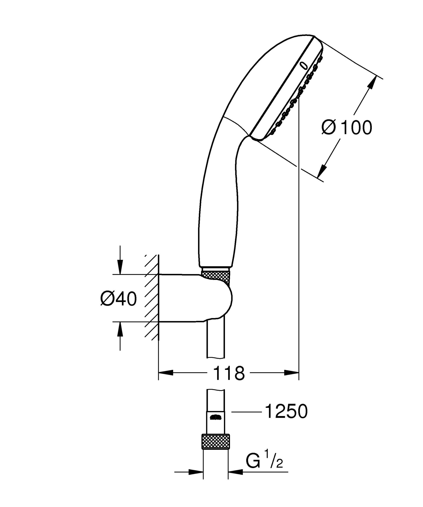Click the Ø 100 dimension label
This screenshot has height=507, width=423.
pos(347,128)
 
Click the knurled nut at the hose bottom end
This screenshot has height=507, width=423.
pos(216,441)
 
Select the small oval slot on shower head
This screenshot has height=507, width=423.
pos(303,65)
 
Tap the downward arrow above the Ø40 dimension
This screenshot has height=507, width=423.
pos(120,266)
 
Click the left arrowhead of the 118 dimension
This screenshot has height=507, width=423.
pos(166,373)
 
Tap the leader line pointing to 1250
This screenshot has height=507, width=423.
pos(246,412)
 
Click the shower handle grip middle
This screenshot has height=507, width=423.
pos(218,203)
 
